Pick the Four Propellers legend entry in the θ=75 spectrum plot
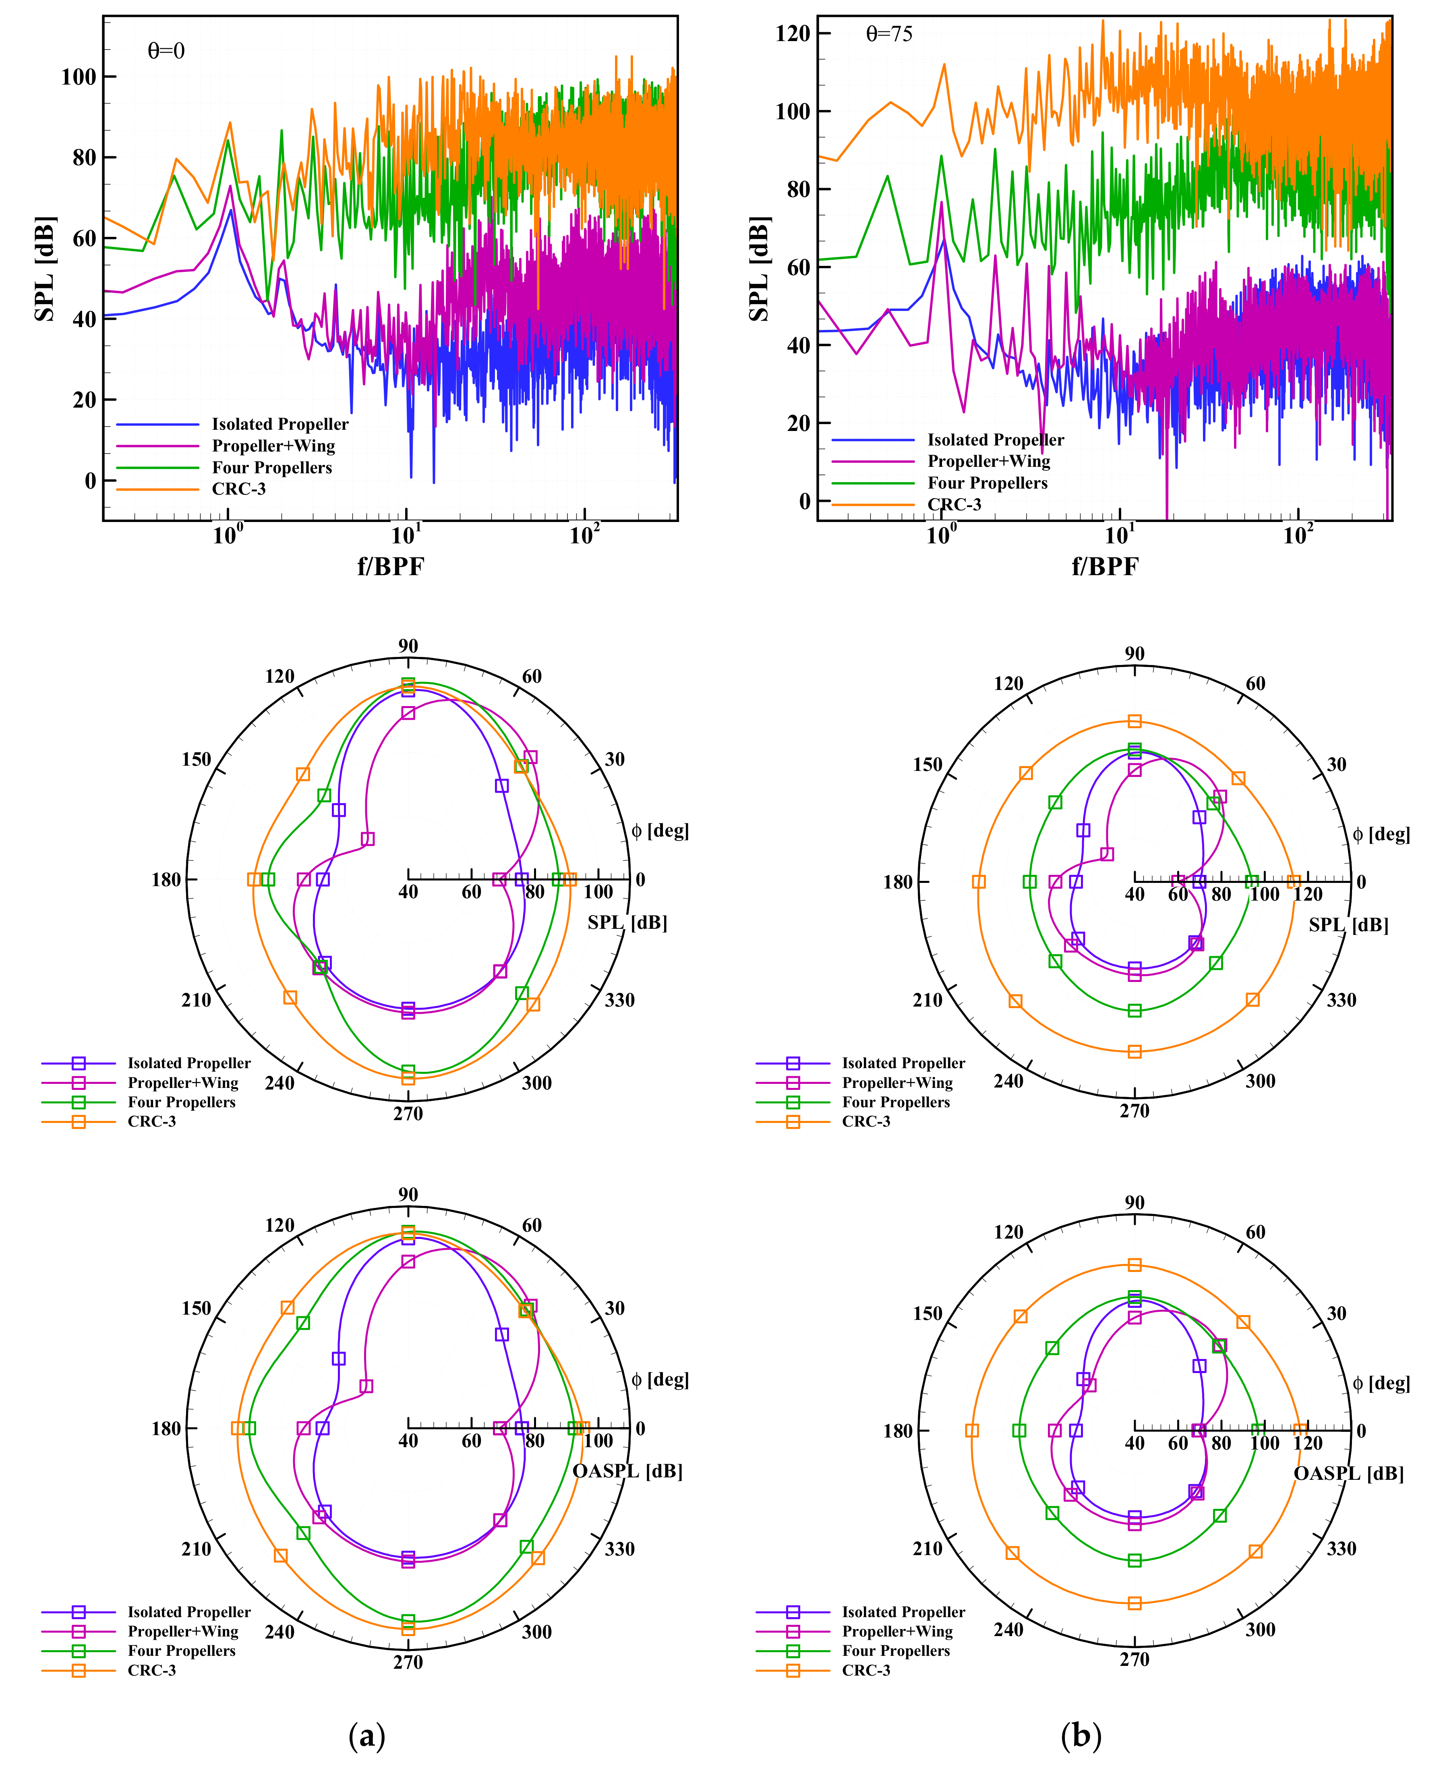point(987,483)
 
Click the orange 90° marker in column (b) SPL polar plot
point(1134,721)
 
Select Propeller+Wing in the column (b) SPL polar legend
point(897,1082)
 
